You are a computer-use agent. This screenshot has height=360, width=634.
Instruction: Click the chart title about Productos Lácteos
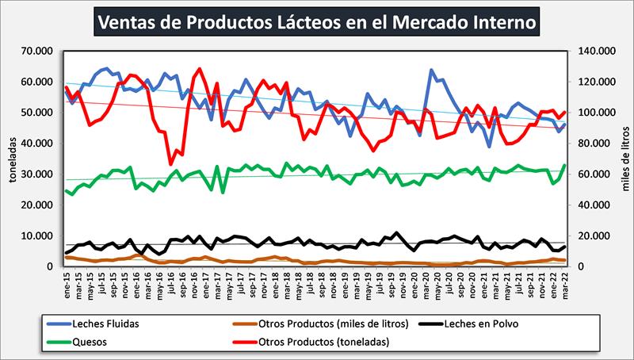(318, 21)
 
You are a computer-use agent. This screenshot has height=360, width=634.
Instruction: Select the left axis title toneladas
(12, 159)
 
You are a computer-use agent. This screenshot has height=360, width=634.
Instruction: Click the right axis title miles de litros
(623, 159)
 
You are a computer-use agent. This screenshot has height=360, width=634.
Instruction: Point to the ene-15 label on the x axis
(68, 282)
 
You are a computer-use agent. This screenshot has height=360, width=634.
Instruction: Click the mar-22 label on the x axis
(564, 282)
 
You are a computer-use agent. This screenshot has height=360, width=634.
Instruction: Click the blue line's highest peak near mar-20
(431, 70)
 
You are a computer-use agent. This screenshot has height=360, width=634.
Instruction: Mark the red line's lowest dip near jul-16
(170, 164)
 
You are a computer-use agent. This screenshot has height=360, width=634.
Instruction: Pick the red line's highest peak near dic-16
(199, 69)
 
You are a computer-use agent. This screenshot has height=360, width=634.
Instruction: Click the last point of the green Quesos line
(564, 166)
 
